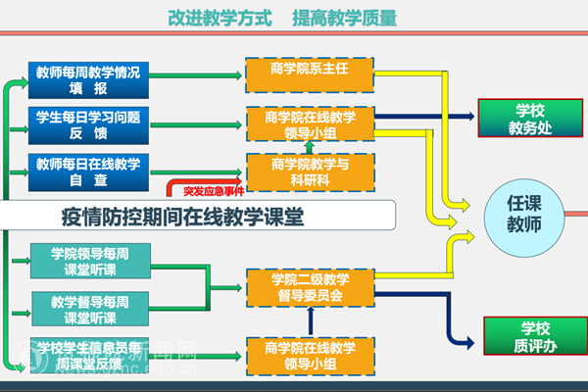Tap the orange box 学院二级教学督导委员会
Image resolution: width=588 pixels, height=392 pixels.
pos(310,286)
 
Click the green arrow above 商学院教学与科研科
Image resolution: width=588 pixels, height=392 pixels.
pos(310,146)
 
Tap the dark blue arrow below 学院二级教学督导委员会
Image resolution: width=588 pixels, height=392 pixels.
pos(310,316)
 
